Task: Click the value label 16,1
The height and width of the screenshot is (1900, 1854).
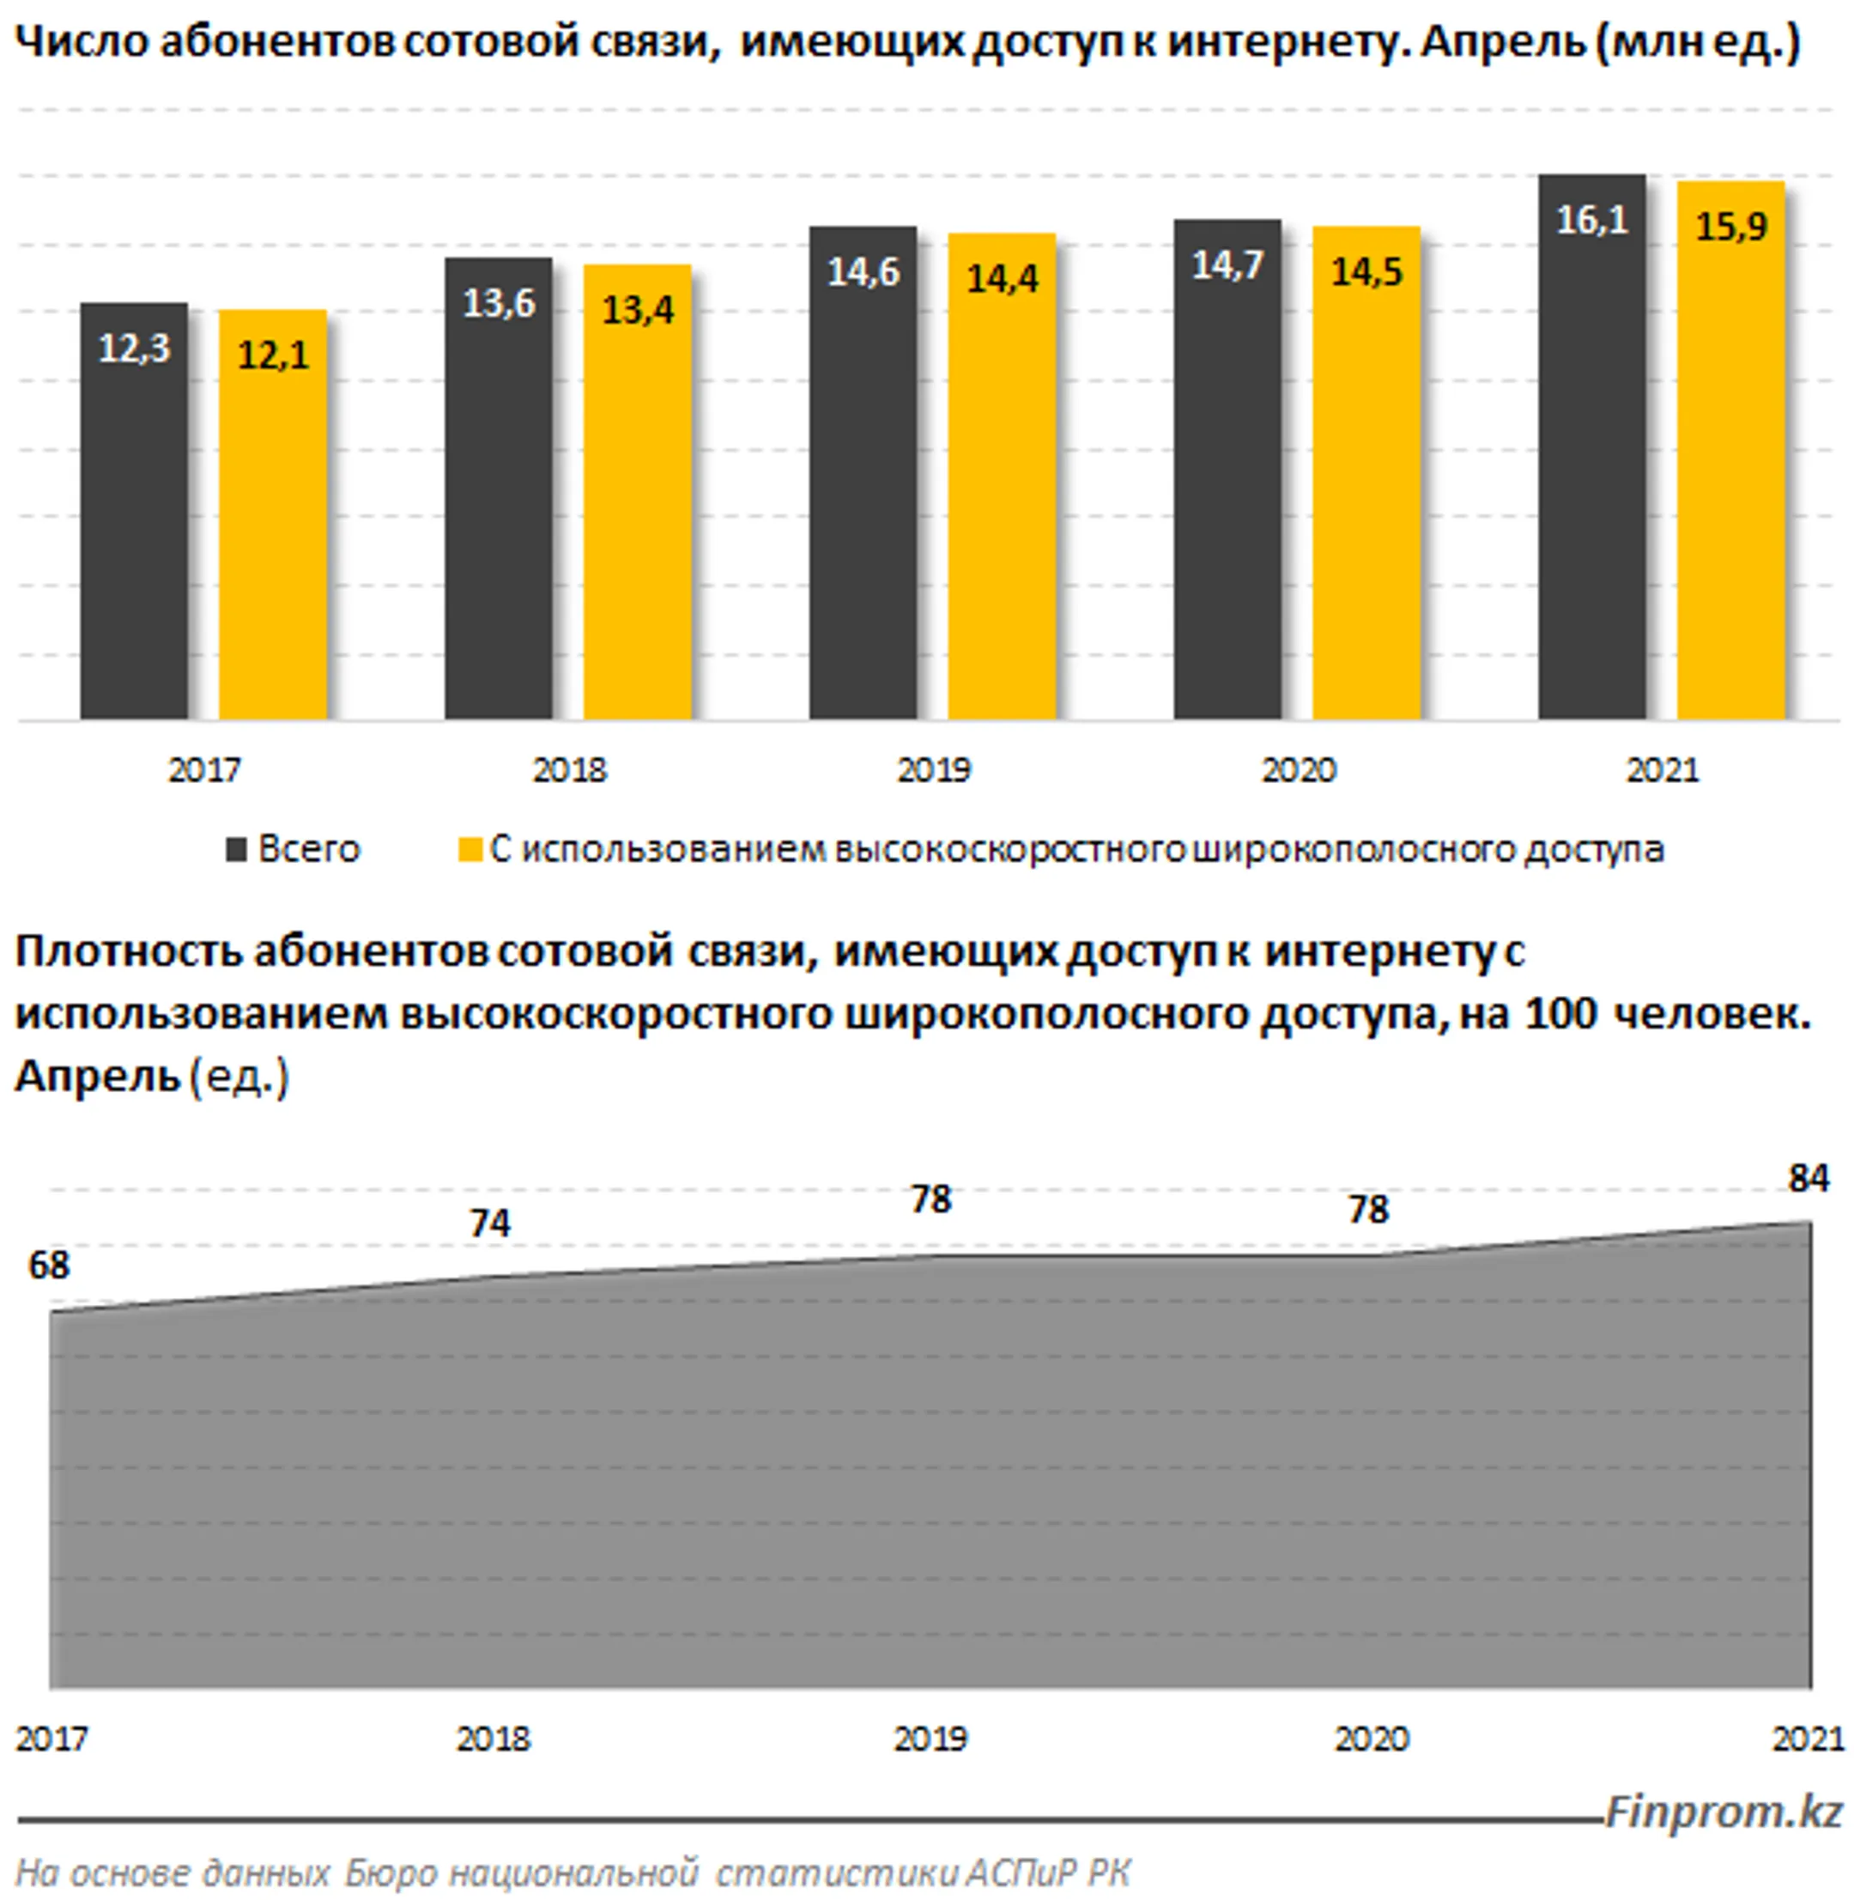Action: coord(1592,220)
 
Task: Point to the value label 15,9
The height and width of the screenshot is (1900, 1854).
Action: coord(1730,227)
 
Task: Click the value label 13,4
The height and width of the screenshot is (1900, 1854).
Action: coord(637,311)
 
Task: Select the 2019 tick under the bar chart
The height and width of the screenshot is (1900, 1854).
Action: coord(934,770)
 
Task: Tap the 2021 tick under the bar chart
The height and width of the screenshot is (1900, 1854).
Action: coord(1663,770)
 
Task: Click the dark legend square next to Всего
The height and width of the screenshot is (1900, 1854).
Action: coord(236,850)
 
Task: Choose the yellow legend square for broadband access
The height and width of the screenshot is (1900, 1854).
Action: coord(470,850)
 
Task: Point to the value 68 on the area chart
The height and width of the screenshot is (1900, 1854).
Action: coord(49,1265)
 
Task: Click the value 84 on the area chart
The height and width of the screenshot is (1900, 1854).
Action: coord(1809,1178)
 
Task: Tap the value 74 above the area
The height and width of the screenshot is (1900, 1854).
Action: coord(490,1223)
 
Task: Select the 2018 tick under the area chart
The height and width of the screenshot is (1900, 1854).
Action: coord(493,1739)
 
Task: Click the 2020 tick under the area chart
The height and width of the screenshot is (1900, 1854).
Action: coord(1371,1739)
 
